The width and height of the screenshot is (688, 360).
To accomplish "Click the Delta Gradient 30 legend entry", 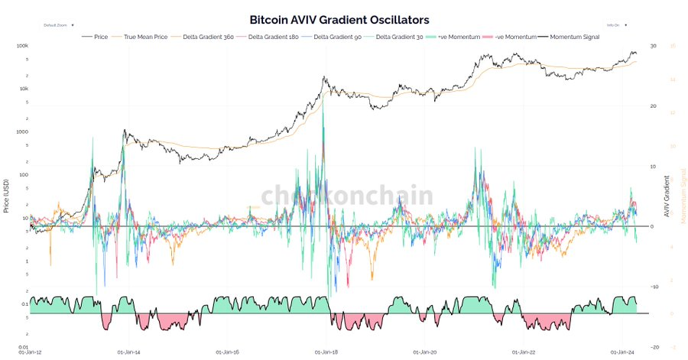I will (394, 36).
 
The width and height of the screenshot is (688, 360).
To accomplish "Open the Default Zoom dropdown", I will (58, 25).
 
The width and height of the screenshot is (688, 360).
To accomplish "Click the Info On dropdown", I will (616, 25).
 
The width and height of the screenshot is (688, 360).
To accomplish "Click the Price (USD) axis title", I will (6, 196).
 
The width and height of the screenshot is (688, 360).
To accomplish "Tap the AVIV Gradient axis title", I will (667, 196).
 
